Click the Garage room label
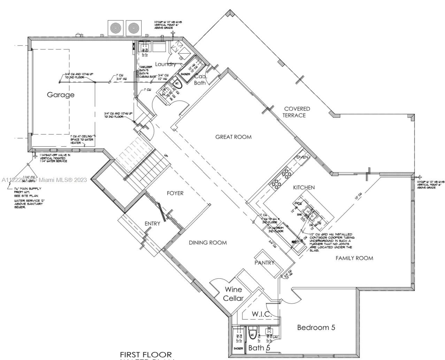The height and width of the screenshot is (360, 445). [61, 95]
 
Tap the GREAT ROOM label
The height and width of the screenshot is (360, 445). [233, 137]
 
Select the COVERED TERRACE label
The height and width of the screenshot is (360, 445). [296, 112]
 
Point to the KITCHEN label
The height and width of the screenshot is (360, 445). [304, 187]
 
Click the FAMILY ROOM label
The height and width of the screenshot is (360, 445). [354, 258]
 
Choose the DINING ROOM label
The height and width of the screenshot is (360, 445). [208, 243]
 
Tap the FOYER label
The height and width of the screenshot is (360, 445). [175, 193]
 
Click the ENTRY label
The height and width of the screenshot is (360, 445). [152, 223]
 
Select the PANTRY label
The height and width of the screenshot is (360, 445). [264, 263]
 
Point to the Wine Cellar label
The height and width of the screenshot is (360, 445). [233, 294]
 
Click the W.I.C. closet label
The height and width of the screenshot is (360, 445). [261, 314]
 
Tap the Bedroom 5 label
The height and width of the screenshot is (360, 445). [316, 328]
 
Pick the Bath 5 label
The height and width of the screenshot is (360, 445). [259, 348]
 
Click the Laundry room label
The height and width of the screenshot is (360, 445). [165, 64]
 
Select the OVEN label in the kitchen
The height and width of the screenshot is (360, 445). [302, 158]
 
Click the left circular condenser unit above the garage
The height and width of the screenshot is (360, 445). [115, 28]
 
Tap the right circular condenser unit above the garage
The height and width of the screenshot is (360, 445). [134, 28]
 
